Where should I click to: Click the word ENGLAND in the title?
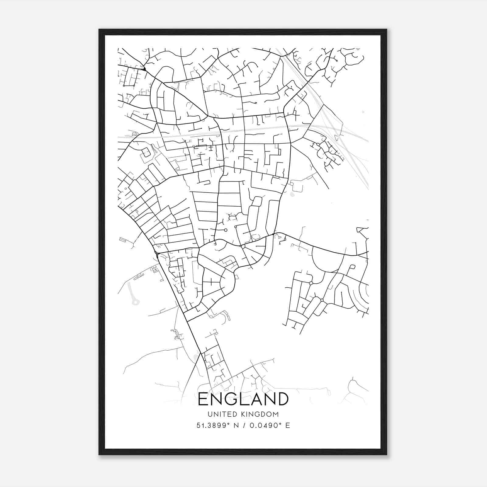click(x=243, y=399)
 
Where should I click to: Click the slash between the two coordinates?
click(x=243, y=426)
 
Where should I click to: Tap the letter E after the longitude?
click(x=287, y=426)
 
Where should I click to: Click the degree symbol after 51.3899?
click(x=229, y=423)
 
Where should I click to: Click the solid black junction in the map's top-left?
click(x=144, y=69)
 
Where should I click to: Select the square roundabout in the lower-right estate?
click(x=311, y=283)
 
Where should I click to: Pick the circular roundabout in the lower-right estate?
click(x=322, y=300)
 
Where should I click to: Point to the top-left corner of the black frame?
click(x=99, y=30)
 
